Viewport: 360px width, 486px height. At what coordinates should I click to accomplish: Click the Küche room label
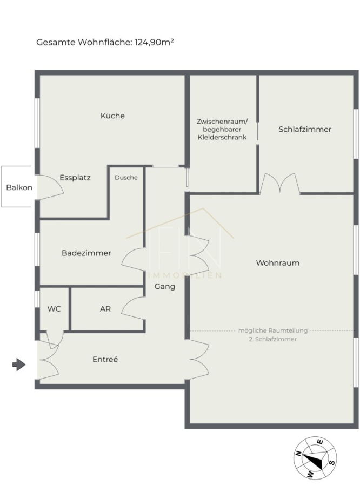click(x=112, y=116)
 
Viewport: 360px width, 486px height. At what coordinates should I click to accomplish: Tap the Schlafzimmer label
click(x=305, y=129)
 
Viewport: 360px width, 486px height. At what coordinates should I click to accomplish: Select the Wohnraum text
click(x=278, y=263)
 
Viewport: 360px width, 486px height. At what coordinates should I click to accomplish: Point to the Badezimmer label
click(x=86, y=253)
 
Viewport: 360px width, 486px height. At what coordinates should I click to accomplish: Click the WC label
click(x=54, y=309)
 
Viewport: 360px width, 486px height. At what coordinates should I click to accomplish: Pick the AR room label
click(x=105, y=309)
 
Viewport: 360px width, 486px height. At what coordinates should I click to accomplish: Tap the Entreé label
click(x=105, y=359)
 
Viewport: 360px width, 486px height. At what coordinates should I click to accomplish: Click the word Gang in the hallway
click(x=165, y=287)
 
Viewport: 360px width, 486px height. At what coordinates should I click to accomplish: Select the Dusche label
click(x=126, y=178)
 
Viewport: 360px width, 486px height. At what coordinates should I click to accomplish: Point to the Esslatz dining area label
click(x=75, y=178)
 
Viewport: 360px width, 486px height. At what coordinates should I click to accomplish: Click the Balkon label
click(x=19, y=187)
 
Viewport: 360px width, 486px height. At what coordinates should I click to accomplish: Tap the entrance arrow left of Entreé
click(x=19, y=364)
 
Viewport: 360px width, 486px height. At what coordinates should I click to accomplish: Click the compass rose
click(x=315, y=457)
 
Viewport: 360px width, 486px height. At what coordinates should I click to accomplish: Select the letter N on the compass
click(x=298, y=454)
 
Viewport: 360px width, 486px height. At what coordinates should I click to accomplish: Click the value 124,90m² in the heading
click(x=154, y=42)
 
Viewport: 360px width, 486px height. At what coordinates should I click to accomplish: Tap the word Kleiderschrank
click(x=222, y=137)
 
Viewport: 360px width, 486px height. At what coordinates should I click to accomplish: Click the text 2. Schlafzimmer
click(x=273, y=339)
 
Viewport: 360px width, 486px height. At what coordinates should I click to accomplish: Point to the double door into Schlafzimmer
click(x=280, y=184)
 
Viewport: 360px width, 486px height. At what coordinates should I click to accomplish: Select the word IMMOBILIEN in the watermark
click(x=185, y=275)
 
